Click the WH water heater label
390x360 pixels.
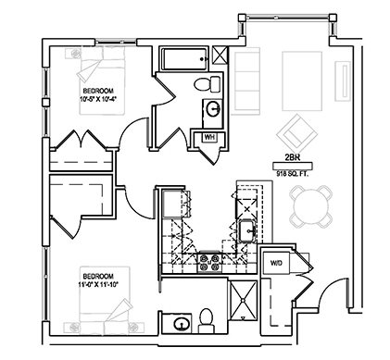(209, 137)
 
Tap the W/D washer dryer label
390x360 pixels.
(276, 263)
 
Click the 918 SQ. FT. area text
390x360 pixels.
(293, 174)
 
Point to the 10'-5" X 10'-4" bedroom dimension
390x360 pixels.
(98, 99)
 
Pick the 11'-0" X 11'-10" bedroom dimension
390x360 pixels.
(98, 284)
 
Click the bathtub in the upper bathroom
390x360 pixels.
(184, 58)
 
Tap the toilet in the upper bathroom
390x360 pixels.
(207, 84)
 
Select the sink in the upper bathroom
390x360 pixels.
(212, 109)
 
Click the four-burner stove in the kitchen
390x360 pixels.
(209, 262)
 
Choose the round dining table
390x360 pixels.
(311, 206)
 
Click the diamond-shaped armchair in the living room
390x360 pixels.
(297, 130)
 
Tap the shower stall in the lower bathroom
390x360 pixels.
(244, 300)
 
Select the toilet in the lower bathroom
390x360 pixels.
(207, 321)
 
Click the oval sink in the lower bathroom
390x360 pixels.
(182, 324)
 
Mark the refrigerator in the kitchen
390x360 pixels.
(173, 204)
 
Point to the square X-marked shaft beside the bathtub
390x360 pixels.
(220, 55)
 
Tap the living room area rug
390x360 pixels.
(302, 81)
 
